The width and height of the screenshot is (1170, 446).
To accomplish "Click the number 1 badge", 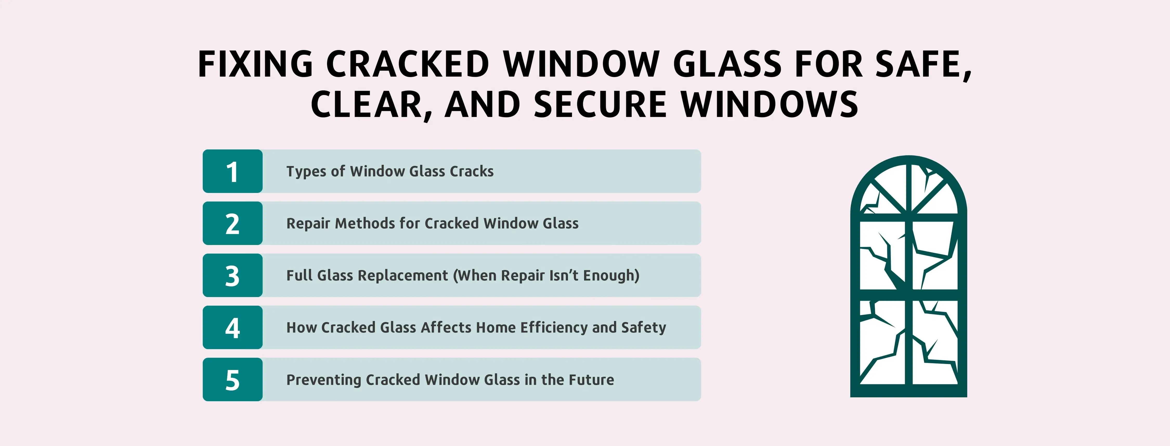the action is point(232,171).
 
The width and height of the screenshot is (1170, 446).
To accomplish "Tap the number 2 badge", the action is point(232,223).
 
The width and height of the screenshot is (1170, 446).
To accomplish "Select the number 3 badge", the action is point(232,275).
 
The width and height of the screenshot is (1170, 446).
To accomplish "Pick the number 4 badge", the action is point(232,327).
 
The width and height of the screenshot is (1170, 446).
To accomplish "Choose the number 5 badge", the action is point(232,380).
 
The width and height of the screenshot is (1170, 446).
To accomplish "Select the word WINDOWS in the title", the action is point(770,105).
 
